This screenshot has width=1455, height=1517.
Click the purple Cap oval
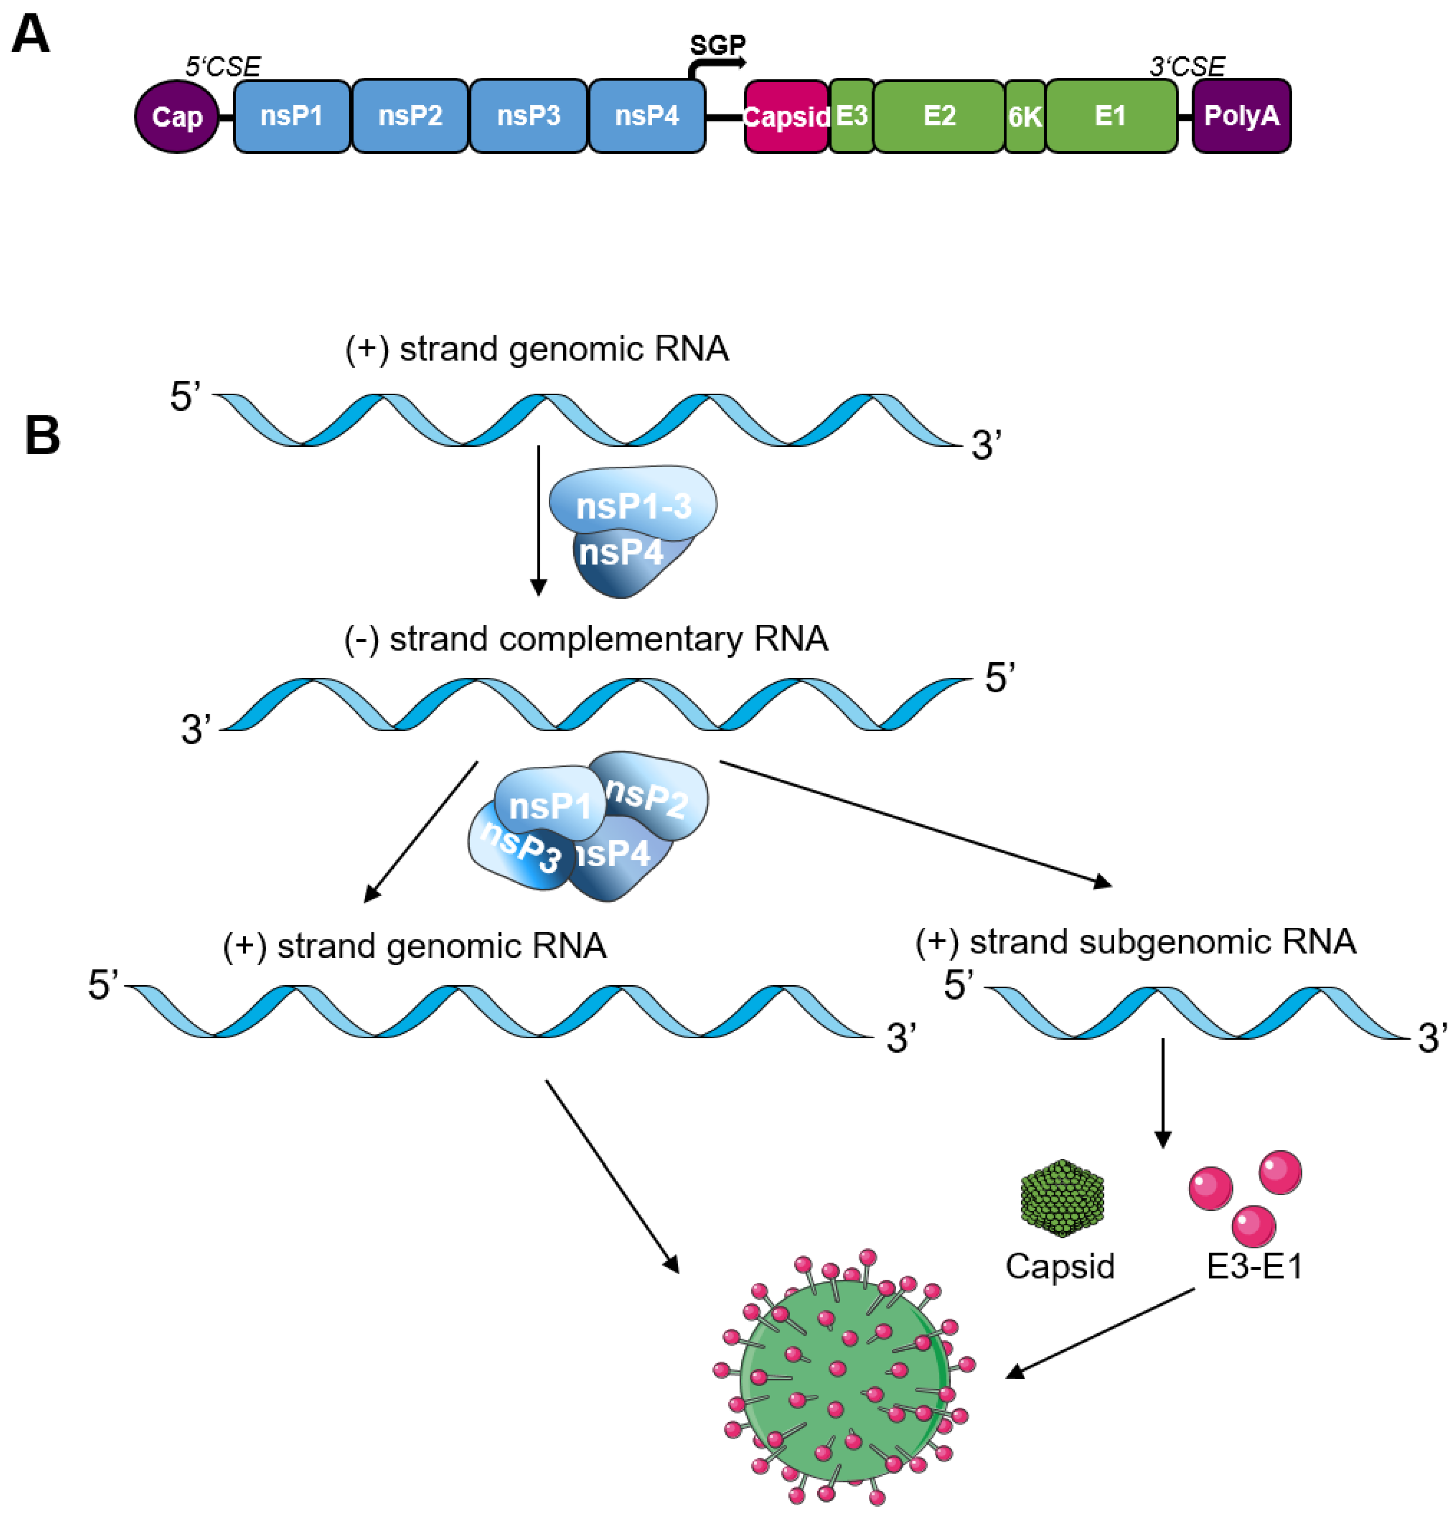coord(177,117)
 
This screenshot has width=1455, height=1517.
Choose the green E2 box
coord(939,116)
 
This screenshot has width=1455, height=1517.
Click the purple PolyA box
coord(1241,116)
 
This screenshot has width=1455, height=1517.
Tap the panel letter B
coord(43,435)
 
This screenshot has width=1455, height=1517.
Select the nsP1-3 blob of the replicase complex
coord(633,505)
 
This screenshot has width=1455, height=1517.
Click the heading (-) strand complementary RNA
coord(586,639)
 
